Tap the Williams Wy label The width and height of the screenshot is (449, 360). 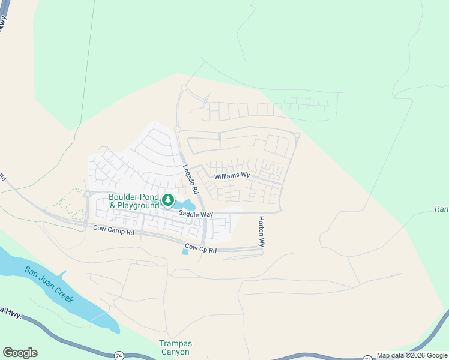tap(232, 176)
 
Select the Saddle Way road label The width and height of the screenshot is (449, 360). tap(196, 214)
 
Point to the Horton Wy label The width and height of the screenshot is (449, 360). tap(261, 232)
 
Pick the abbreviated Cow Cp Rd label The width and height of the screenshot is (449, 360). tap(201, 247)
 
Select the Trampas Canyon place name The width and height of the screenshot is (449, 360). tap(175, 348)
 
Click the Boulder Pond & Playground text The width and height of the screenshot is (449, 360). tap(134, 201)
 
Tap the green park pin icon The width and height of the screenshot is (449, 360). tap(169, 199)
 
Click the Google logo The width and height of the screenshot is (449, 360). tap(20, 353)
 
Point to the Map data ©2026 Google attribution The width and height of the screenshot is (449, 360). tap(412, 356)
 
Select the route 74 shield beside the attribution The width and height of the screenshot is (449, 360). tap(367, 357)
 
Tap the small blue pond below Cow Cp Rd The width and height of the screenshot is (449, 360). tap(185, 252)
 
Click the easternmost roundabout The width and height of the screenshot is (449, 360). tap(297, 135)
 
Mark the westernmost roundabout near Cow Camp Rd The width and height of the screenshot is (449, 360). tap(87, 194)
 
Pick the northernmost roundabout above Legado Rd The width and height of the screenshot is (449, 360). tap(184, 88)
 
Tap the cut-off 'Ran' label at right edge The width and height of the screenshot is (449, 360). tap(441, 209)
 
